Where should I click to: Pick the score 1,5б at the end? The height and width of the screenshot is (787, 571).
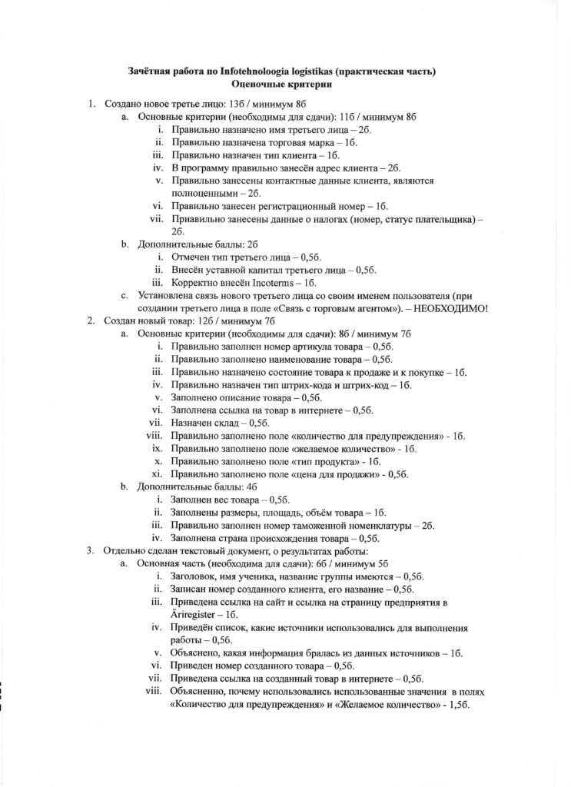[457, 705]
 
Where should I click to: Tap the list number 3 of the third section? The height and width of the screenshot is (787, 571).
[90, 550]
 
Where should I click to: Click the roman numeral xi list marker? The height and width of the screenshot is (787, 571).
[156, 473]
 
